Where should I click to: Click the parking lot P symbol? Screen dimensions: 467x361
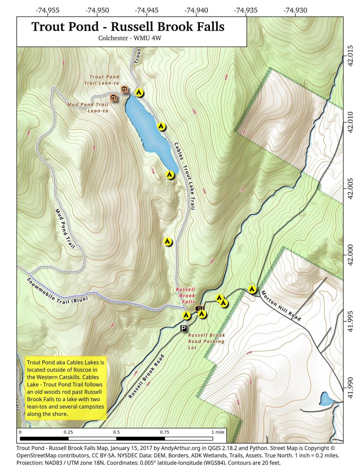[x=183, y=328]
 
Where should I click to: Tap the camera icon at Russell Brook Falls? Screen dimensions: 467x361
[x=199, y=308]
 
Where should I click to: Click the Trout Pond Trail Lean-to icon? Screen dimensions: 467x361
[x=124, y=90]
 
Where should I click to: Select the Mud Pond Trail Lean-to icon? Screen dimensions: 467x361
[x=114, y=98]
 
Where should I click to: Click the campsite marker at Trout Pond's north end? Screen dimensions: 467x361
[x=139, y=93]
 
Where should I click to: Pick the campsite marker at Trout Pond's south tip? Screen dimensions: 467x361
[x=170, y=174]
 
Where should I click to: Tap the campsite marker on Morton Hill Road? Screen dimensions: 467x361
[x=252, y=289]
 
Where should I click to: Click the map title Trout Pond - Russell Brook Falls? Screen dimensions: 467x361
[x=128, y=27]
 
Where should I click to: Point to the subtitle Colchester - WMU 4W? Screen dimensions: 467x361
[x=130, y=38]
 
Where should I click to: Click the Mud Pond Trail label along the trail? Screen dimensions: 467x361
[x=65, y=228]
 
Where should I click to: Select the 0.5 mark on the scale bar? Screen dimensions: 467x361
[x=116, y=432]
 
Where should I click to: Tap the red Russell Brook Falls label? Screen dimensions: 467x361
[x=186, y=295]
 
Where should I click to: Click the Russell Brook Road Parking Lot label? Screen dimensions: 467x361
[x=206, y=341]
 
